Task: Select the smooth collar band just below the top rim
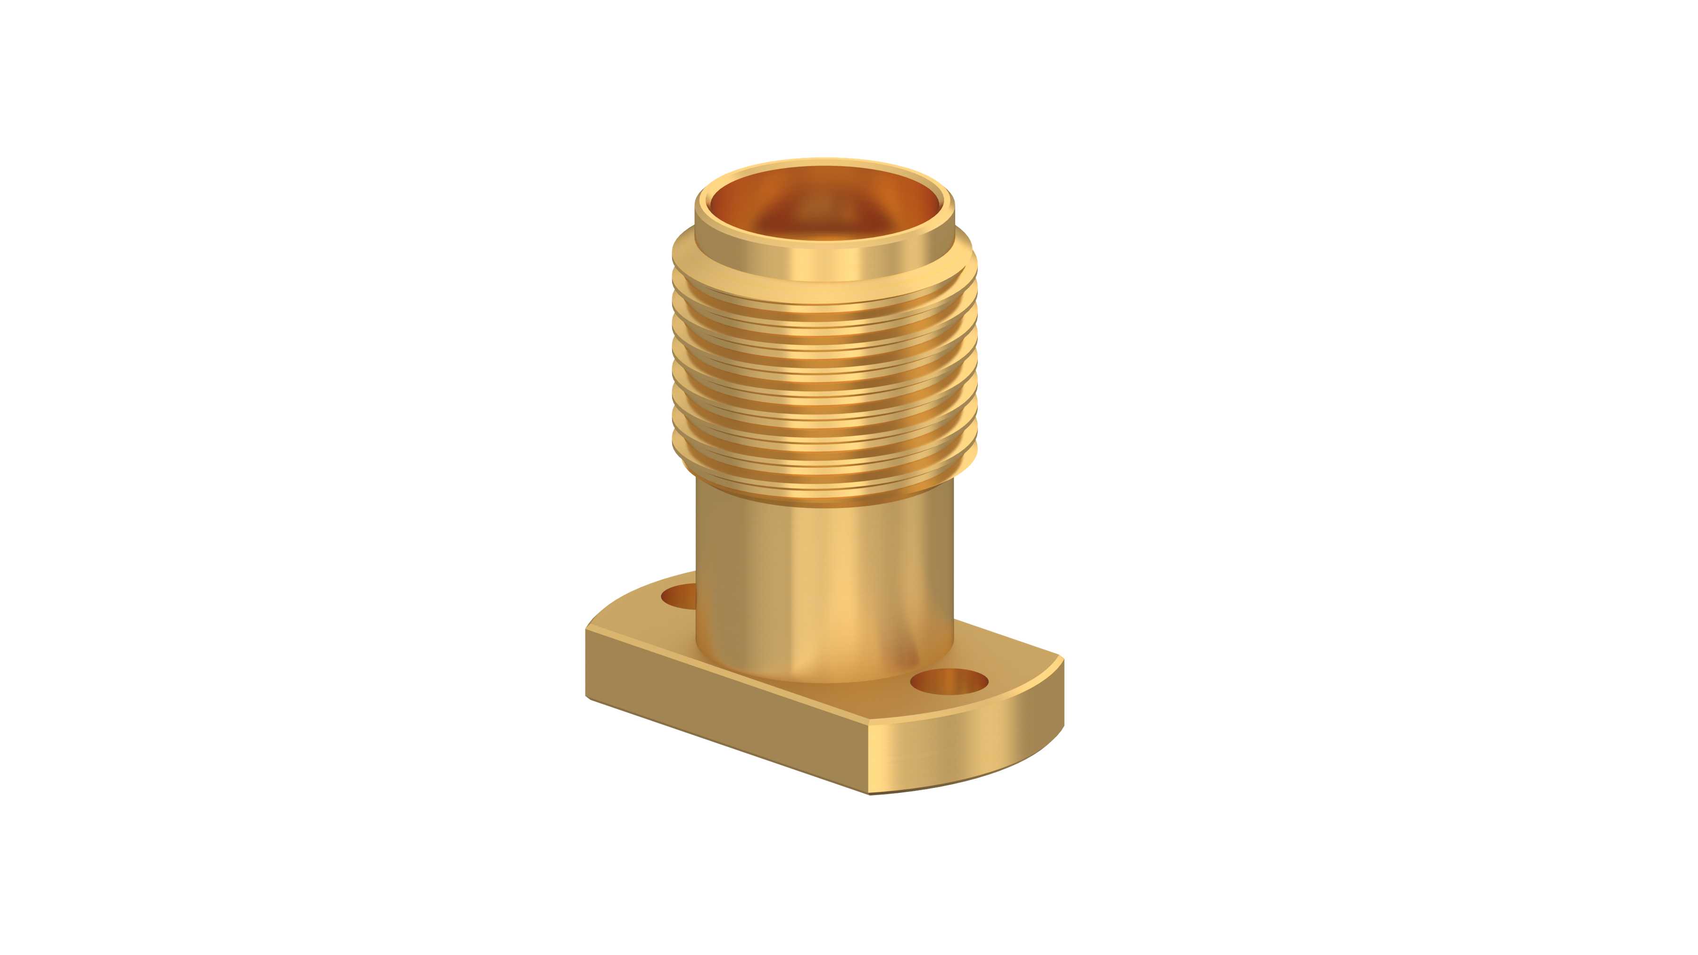coord(824,264)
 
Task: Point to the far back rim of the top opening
coord(824,162)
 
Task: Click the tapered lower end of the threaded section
coord(824,494)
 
